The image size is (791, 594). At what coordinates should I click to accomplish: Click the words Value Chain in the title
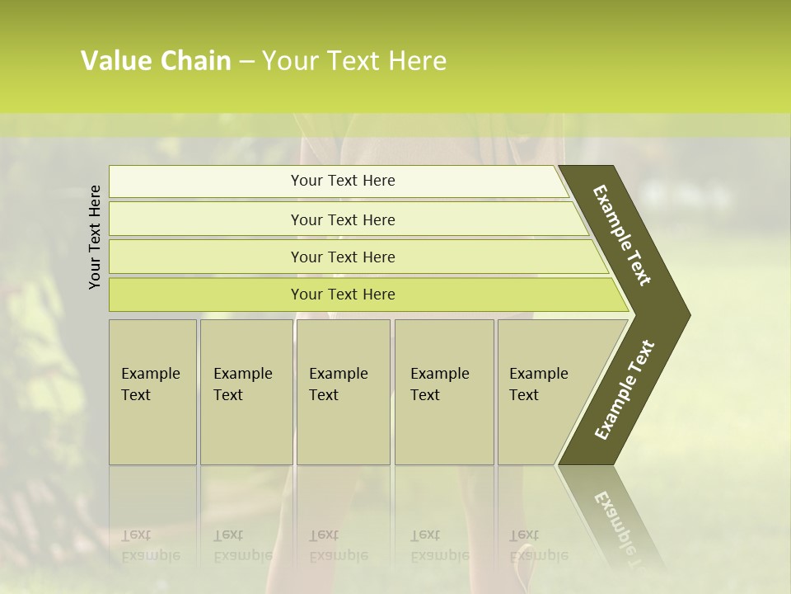[156, 61]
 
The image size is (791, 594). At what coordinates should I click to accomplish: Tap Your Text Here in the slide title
[353, 61]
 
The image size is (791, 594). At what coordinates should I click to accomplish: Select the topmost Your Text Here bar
[342, 181]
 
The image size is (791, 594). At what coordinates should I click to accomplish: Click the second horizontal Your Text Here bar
[342, 219]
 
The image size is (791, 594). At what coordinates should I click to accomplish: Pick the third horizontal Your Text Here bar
[342, 257]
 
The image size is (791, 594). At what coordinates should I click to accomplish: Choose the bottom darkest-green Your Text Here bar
[342, 295]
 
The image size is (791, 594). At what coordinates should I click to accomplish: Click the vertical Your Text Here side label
[95, 236]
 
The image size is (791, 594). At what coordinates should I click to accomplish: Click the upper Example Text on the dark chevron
[622, 235]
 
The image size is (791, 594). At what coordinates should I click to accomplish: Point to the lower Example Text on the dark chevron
[624, 390]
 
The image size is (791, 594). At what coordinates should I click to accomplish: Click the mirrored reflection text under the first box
[150, 545]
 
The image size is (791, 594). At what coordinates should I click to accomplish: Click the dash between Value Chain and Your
[246, 62]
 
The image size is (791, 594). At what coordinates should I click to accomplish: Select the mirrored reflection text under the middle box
[338, 545]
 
